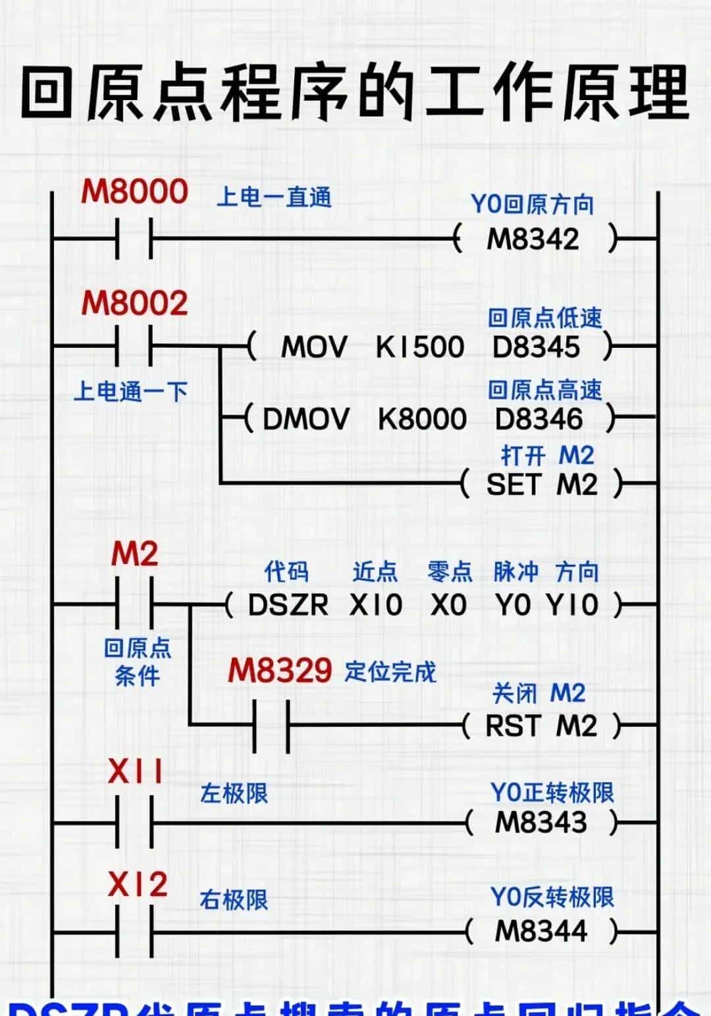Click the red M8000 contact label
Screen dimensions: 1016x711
135,192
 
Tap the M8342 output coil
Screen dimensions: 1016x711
533,239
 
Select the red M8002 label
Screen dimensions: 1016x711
135,303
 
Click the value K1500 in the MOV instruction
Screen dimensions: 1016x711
420,347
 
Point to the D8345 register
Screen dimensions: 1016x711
537,347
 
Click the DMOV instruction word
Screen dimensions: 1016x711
306,419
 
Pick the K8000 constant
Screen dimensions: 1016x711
422,419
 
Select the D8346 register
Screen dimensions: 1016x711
539,419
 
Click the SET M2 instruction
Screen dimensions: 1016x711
542,485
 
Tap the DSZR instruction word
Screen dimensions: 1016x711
288,605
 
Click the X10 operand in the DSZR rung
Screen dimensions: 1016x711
376,605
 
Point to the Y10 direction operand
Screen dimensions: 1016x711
572,605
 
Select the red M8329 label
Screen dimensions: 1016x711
280,671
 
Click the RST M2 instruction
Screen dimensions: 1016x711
541,726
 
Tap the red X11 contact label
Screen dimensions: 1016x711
136,772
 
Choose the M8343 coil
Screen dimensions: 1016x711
540,822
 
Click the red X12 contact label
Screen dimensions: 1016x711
138,884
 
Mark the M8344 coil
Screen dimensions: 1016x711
540,931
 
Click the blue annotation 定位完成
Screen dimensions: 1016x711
390,672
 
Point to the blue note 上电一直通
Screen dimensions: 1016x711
274,197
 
